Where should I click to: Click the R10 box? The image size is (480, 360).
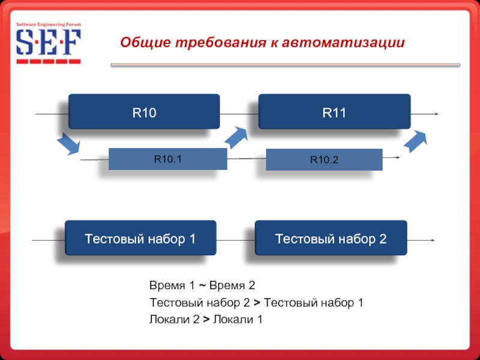pyautogui.click(x=144, y=111)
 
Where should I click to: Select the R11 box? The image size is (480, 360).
pyautogui.click(x=334, y=111)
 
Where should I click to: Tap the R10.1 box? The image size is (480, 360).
pyautogui.click(x=167, y=159)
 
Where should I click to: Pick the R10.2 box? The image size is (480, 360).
pyautogui.click(x=324, y=160)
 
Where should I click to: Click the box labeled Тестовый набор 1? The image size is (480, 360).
pyautogui.click(x=140, y=239)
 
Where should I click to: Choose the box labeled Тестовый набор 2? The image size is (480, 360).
pyautogui.click(x=331, y=239)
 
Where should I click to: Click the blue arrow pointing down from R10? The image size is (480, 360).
pyautogui.click(x=68, y=144)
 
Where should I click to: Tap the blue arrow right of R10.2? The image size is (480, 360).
pyautogui.click(x=416, y=141)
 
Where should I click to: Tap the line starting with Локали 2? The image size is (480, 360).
pyautogui.click(x=206, y=319)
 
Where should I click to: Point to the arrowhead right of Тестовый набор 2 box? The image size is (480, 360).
pyautogui.click(x=433, y=241)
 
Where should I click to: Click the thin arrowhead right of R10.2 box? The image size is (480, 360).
pyautogui.click(x=397, y=158)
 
